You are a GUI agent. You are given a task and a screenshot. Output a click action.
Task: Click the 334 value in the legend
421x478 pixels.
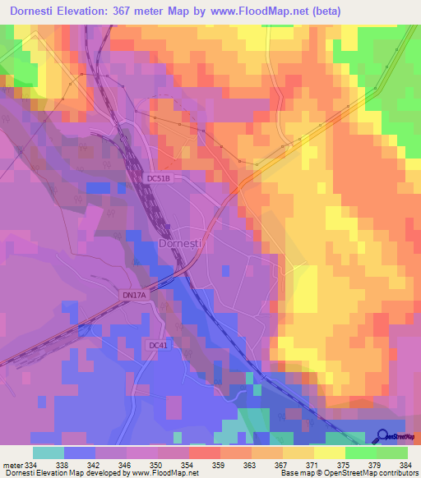[x=31, y=464]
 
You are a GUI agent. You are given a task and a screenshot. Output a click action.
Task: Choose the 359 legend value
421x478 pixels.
[x=220, y=464]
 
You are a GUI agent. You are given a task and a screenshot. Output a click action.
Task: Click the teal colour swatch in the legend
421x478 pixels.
[x=48, y=453]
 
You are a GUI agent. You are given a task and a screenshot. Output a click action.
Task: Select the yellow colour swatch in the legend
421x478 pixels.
[x=329, y=453]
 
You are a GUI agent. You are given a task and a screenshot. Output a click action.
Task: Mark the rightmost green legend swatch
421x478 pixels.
[x=391, y=453]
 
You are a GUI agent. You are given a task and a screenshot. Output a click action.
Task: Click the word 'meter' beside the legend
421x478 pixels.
[x=12, y=464]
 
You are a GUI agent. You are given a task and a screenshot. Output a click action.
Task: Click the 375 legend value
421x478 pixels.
[x=345, y=464]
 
